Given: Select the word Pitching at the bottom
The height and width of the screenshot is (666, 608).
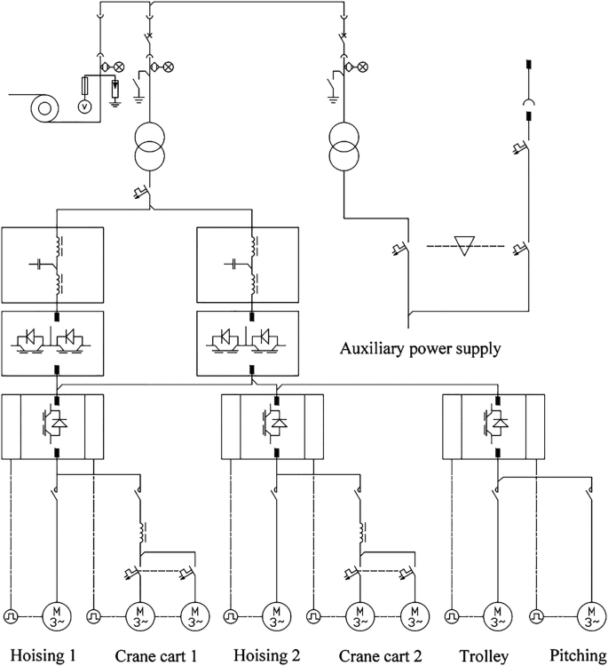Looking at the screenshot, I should click(577, 656).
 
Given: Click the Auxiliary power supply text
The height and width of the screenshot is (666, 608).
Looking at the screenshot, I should click(420, 348).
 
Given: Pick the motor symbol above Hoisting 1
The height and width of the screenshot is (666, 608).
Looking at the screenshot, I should click(55, 614).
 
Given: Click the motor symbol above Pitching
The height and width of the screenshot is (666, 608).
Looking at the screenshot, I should click(589, 614).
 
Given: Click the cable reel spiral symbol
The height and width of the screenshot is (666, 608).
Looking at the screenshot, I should click(42, 108).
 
